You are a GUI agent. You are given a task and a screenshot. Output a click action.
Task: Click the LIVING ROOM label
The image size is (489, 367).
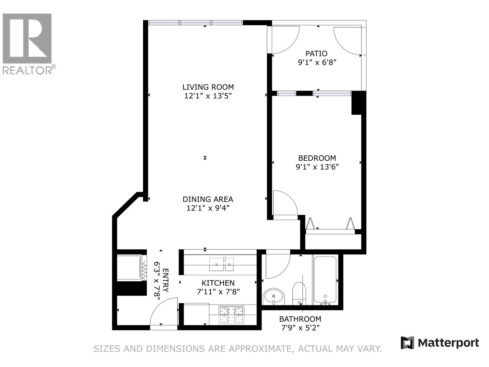pos(208,87)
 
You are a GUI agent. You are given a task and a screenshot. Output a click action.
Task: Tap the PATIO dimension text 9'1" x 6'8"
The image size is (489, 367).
pos(317,63)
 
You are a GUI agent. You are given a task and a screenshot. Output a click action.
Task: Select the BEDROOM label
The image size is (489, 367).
pos(317,158)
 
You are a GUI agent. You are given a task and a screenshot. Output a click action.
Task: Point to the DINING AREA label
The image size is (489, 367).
pos(208,199)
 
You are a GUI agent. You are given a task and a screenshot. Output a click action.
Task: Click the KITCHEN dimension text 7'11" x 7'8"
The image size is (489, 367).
pos(218,292)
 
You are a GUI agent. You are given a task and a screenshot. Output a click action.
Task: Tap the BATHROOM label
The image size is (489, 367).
pos(300,319)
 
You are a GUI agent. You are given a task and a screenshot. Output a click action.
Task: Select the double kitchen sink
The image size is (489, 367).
pos(222,264)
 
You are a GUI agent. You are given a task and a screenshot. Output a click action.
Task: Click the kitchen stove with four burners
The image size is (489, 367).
pos(231,315)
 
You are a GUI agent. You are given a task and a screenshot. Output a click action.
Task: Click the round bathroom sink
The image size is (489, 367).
pos(274,296)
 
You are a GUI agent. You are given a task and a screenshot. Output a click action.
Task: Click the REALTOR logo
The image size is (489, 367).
pos(28,43)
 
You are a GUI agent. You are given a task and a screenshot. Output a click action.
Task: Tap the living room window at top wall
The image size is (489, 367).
pos(196,23)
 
